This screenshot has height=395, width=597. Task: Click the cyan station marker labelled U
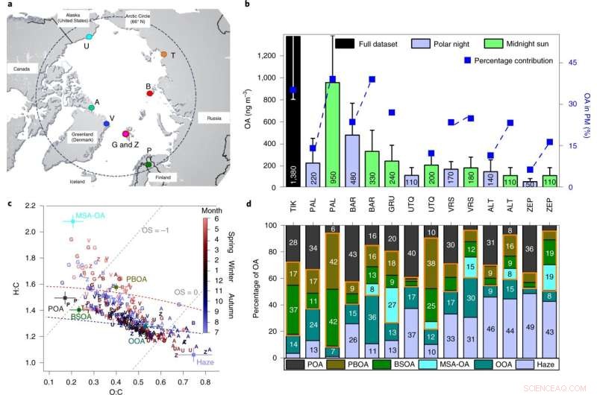[89, 36]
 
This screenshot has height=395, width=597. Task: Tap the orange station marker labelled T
[164, 54]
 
